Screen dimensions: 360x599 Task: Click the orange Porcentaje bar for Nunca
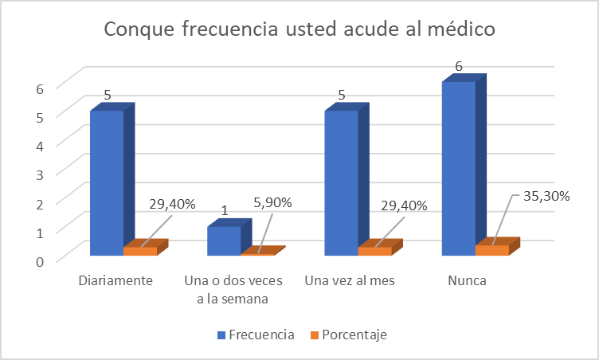492,250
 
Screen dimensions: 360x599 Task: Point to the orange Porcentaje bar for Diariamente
140,251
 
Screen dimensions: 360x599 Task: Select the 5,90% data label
272,202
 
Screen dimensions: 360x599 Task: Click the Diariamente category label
116,281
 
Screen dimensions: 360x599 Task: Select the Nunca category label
467,281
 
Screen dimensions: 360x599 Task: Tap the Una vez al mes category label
350,281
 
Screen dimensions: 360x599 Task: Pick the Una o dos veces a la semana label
227,290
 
